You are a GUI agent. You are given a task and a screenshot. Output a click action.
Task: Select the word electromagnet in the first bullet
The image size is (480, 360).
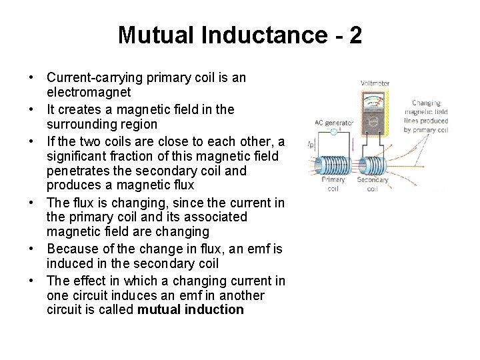point(89,93)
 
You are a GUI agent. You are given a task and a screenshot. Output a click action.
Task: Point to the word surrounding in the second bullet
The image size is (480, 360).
point(82,124)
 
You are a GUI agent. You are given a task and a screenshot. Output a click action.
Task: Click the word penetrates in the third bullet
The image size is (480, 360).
point(79,171)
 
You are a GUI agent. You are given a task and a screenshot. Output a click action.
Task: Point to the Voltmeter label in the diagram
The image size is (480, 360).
point(375,83)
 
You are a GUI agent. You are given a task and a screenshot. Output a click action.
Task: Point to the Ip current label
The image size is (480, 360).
point(311,143)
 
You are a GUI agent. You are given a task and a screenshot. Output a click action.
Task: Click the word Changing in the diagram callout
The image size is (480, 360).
point(426,103)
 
